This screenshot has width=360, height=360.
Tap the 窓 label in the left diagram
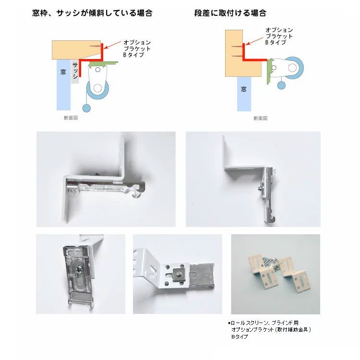63,72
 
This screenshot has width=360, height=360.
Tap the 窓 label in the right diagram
244,89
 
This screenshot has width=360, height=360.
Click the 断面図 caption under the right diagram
260,118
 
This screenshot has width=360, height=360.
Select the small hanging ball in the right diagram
281,86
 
